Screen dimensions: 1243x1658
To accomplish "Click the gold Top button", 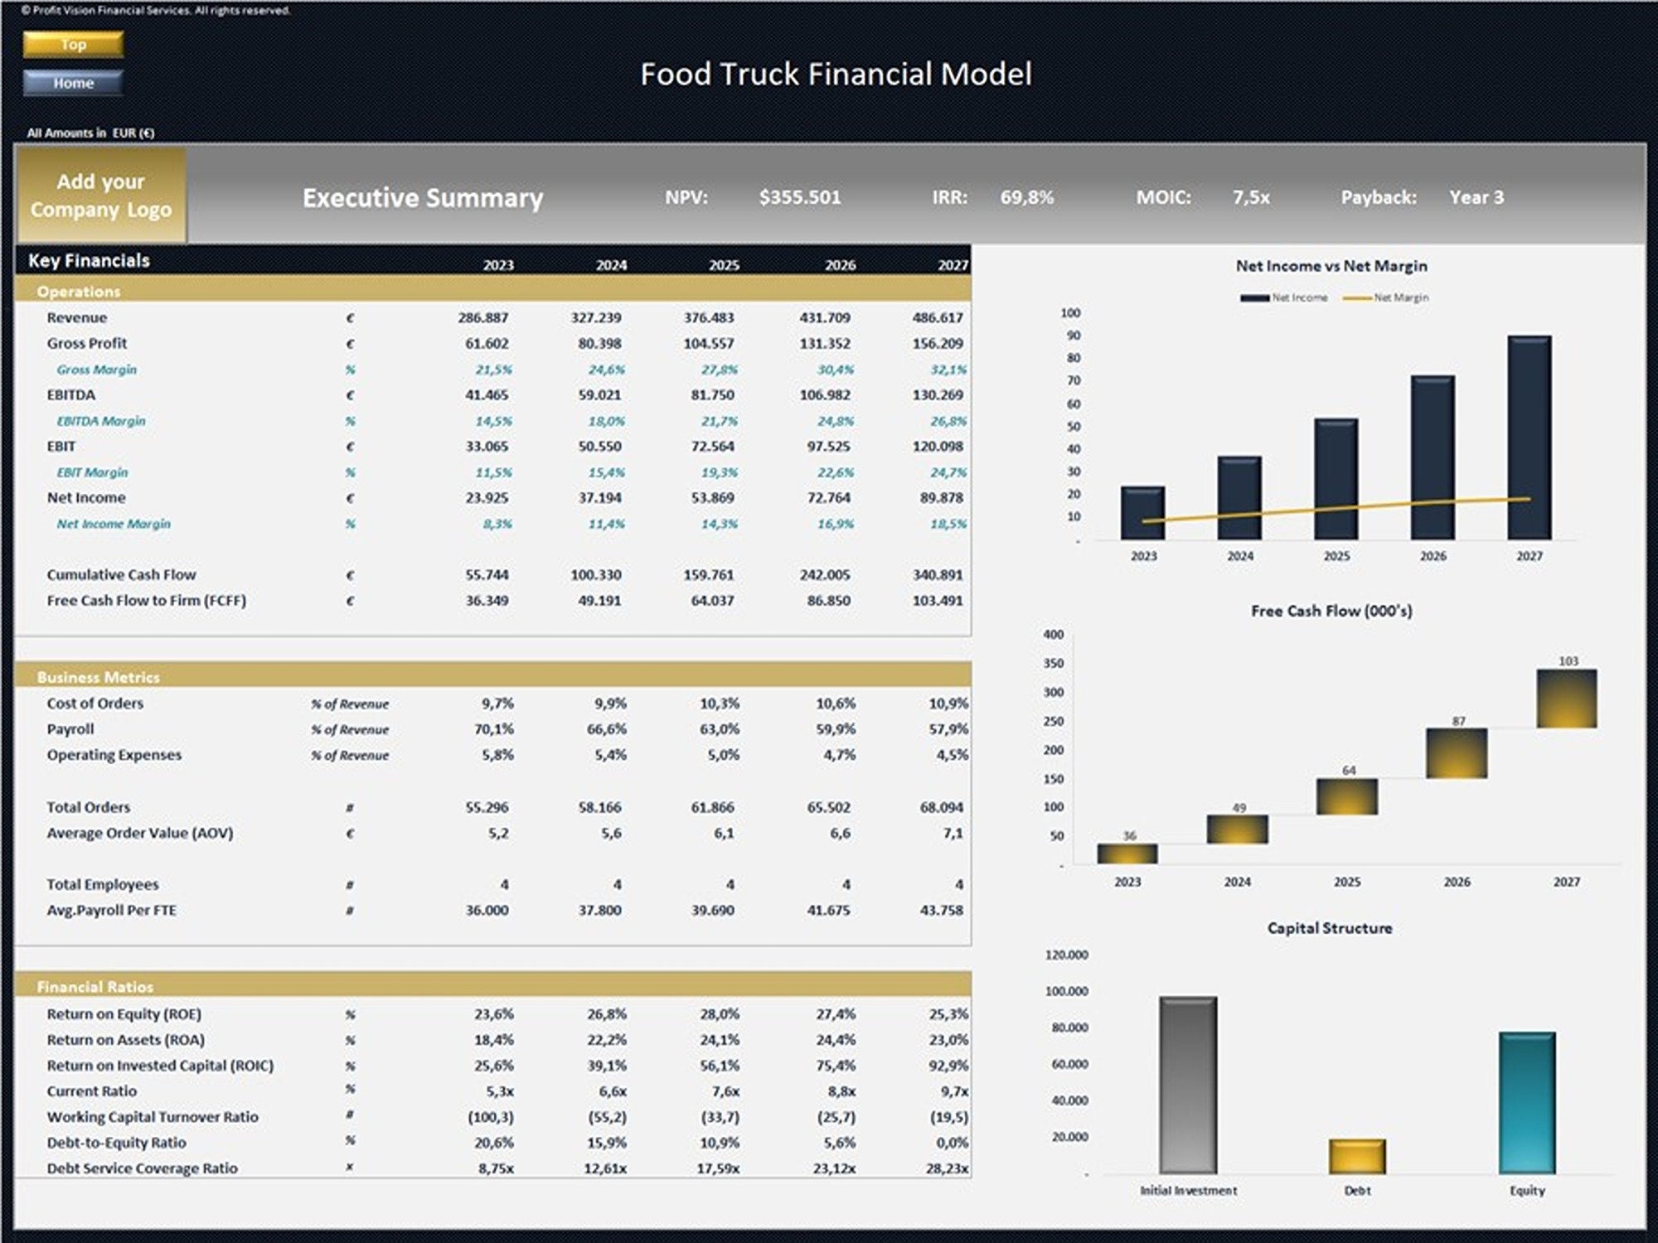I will click(73, 44).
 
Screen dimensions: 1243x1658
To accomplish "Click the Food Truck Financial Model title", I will click(836, 75).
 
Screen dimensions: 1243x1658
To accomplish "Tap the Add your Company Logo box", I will click(101, 196).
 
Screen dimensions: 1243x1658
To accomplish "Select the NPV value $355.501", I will click(799, 197).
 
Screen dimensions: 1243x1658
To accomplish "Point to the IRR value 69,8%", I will click(1026, 197).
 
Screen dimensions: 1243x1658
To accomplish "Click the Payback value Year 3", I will click(1476, 197).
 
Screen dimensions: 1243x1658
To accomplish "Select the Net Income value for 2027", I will click(940, 497).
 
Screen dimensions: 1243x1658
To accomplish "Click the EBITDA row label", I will click(71, 394).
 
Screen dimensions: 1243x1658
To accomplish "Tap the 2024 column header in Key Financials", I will click(611, 265).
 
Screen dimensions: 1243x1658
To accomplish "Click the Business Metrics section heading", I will click(98, 677).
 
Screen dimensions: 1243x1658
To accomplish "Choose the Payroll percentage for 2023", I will click(497, 729).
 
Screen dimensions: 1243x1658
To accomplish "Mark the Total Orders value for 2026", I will click(828, 807).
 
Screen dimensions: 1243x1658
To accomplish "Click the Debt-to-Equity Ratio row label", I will click(116, 1142).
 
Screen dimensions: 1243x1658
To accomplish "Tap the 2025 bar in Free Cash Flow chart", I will click(1346, 796).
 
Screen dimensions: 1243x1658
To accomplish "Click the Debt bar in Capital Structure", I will click(1356, 1156).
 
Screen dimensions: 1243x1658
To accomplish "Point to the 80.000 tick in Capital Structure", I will click(1069, 1028).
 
